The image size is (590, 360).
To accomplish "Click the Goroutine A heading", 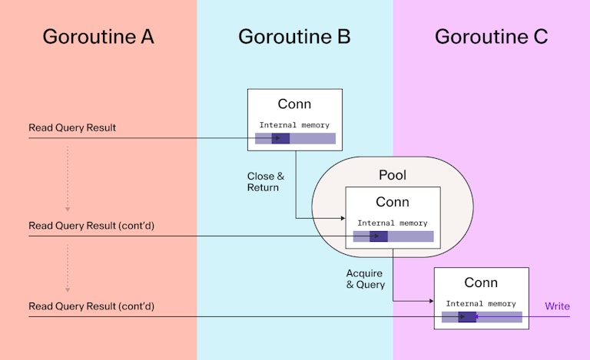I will click(98, 36).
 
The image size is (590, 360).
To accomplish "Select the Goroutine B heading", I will click(294, 36).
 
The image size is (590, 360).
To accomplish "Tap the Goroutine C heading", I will click(491, 36).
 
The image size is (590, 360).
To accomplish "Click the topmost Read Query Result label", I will click(72, 127).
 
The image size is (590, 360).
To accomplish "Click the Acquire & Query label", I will click(366, 279).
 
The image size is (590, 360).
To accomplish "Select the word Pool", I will click(393, 175).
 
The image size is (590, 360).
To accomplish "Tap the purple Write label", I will click(557, 306).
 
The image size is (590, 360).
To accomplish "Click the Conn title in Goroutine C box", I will click(481, 282).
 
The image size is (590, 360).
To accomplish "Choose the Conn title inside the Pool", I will click(393, 202).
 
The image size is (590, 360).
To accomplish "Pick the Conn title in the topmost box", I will click(294, 104).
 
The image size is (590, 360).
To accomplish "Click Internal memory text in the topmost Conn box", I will click(294, 125).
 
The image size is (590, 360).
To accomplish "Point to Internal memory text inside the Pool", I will click(393, 223).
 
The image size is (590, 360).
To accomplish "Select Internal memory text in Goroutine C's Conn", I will click(481, 303).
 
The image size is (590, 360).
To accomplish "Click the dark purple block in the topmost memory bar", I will click(280, 139).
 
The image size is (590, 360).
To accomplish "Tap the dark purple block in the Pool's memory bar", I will click(378, 236).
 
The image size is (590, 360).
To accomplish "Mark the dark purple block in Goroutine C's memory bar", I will click(467, 317).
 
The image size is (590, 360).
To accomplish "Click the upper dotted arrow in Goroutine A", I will click(68, 178).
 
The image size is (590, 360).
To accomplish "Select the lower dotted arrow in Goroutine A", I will click(68, 269).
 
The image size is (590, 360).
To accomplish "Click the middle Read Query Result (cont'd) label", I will click(91, 226).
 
